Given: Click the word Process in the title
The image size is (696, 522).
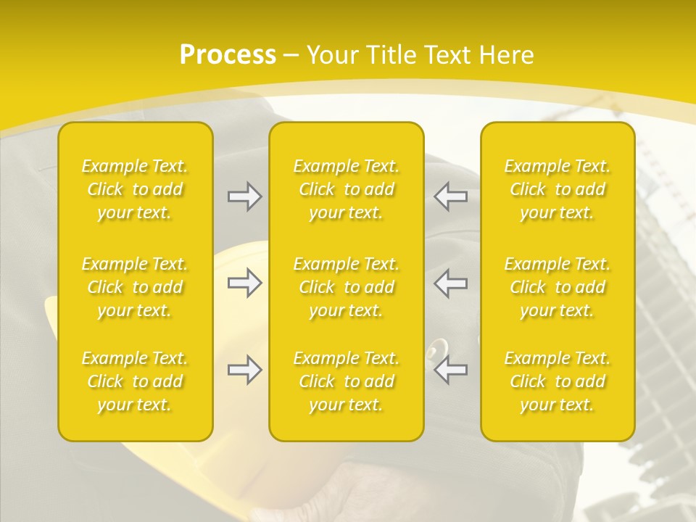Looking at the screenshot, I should coord(228,55).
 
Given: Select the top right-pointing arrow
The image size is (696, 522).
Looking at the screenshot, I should coord(244,196).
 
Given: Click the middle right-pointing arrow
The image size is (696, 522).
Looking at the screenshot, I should coord(244,283).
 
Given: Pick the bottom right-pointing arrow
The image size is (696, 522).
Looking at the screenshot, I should coord(244,370).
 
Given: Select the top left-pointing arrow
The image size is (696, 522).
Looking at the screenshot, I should coord(451,196).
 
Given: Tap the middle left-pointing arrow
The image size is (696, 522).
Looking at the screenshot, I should coord(451,283).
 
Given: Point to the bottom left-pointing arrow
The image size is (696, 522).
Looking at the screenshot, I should coord(451,370).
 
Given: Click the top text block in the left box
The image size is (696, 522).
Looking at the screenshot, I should coord(135,189).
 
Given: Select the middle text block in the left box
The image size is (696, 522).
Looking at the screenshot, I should coord(135,287).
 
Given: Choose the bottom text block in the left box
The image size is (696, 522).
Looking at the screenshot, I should coord(135,381).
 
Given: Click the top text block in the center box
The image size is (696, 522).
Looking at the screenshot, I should coord(347,189).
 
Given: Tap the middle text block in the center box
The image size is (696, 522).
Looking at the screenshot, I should coord(347,287).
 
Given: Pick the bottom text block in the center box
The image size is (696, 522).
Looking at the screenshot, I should coord(347,381).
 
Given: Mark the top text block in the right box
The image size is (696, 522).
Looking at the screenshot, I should coord(558,189).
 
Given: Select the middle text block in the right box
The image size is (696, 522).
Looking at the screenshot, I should coord(558,287).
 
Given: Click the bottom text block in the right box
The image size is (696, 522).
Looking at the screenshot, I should coord(558,381).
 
